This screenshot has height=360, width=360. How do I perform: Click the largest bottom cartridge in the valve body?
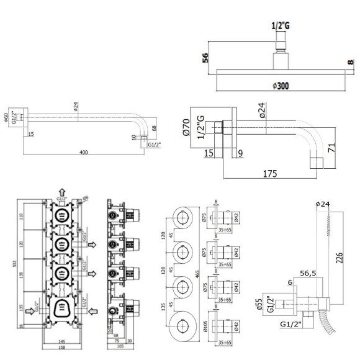[62, 308]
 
